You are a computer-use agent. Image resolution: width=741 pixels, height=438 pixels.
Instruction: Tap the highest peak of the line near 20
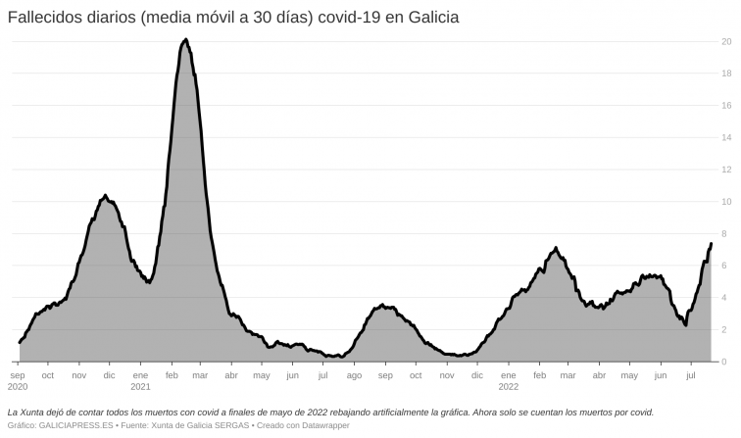(185, 40)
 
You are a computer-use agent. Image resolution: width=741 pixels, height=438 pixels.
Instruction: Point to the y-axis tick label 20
(725, 41)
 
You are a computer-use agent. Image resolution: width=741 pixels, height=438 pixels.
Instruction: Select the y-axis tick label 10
(725, 202)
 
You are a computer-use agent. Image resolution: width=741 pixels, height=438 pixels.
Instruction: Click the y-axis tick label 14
(725, 137)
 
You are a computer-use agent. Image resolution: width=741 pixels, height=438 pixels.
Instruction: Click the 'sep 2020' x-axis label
(19, 380)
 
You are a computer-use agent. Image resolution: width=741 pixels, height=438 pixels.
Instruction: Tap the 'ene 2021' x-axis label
(140, 380)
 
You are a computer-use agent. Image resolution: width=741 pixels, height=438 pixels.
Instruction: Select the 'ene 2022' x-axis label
(507, 380)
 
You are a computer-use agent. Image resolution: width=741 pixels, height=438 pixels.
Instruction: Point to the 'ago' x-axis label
(354, 374)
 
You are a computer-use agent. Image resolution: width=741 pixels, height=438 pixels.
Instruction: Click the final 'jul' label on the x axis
(690, 374)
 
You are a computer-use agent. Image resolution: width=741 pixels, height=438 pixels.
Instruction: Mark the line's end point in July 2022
(711, 243)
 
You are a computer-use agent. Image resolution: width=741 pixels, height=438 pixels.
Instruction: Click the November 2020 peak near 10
(105, 196)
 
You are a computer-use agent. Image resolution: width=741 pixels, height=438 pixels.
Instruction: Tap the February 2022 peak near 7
(556, 248)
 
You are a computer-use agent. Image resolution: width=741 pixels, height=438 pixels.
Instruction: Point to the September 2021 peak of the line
(382, 306)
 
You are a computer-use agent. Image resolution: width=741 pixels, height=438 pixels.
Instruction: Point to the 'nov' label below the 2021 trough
(446, 374)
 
